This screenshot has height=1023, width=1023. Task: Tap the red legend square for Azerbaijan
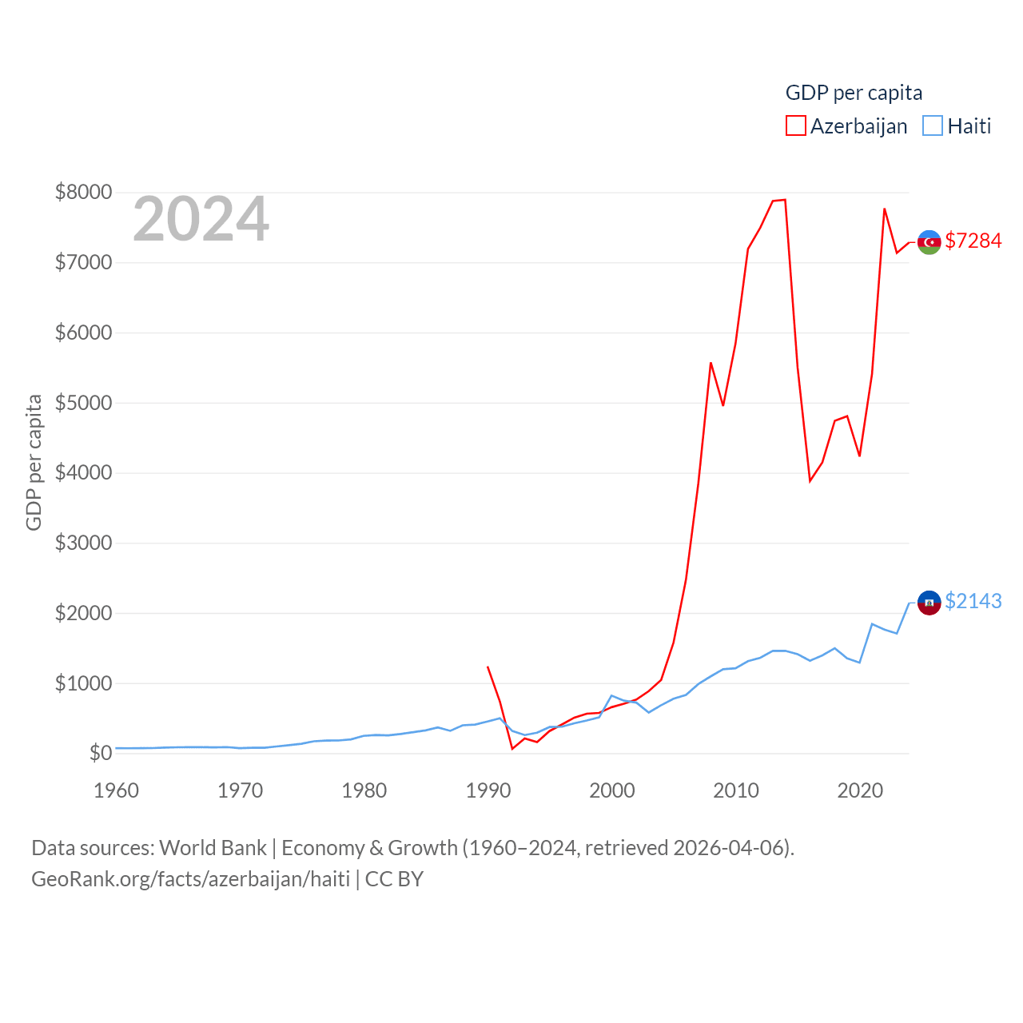796,126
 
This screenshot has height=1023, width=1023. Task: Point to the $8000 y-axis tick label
83,192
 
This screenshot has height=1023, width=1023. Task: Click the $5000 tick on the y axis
83,403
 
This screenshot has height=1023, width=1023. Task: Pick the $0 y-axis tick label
101,753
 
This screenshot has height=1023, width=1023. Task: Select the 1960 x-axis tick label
117,790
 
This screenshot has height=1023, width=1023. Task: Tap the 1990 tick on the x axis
488,790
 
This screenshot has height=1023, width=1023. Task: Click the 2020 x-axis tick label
860,790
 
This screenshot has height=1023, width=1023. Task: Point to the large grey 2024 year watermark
201,219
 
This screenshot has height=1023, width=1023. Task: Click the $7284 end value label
973,241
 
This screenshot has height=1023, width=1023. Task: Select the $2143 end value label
973,601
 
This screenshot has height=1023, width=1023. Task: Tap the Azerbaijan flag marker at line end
929,242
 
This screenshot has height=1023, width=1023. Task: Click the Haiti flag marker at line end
929,603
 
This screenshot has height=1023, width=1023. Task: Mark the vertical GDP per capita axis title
34,462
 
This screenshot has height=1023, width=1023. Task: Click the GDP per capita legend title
854,93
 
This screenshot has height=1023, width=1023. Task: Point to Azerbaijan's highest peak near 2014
785,200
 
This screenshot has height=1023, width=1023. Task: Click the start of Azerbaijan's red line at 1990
488,667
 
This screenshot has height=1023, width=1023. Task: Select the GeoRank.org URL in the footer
190,879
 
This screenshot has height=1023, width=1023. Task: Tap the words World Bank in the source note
213,847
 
